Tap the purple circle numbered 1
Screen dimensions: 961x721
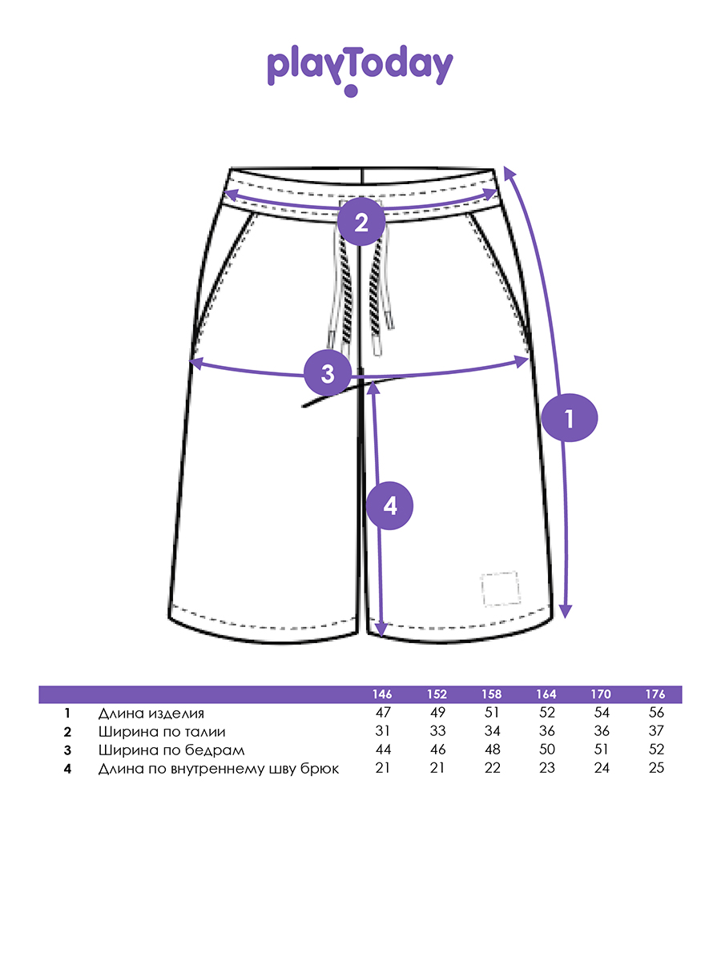(570, 418)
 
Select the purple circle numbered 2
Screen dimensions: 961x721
(361, 222)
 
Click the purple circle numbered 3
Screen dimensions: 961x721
(328, 373)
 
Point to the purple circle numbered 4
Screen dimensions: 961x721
(389, 506)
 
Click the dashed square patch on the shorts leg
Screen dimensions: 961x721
(500, 589)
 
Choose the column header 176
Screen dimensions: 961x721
(655, 694)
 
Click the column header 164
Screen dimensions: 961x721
(547, 694)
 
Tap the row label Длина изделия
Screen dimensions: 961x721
(151, 713)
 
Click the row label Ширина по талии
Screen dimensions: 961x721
(162, 731)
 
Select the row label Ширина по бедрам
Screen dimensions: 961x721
(171, 750)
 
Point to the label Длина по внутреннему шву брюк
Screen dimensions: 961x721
(219, 769)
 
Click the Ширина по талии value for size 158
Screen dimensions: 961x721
(492, 731)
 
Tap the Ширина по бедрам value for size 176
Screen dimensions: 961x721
(655, 750)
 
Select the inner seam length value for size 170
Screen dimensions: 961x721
(601, 769)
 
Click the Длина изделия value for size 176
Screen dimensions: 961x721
(655, 713)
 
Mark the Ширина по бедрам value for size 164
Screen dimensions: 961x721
(547, 750)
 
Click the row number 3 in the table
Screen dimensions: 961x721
(68, 750)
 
